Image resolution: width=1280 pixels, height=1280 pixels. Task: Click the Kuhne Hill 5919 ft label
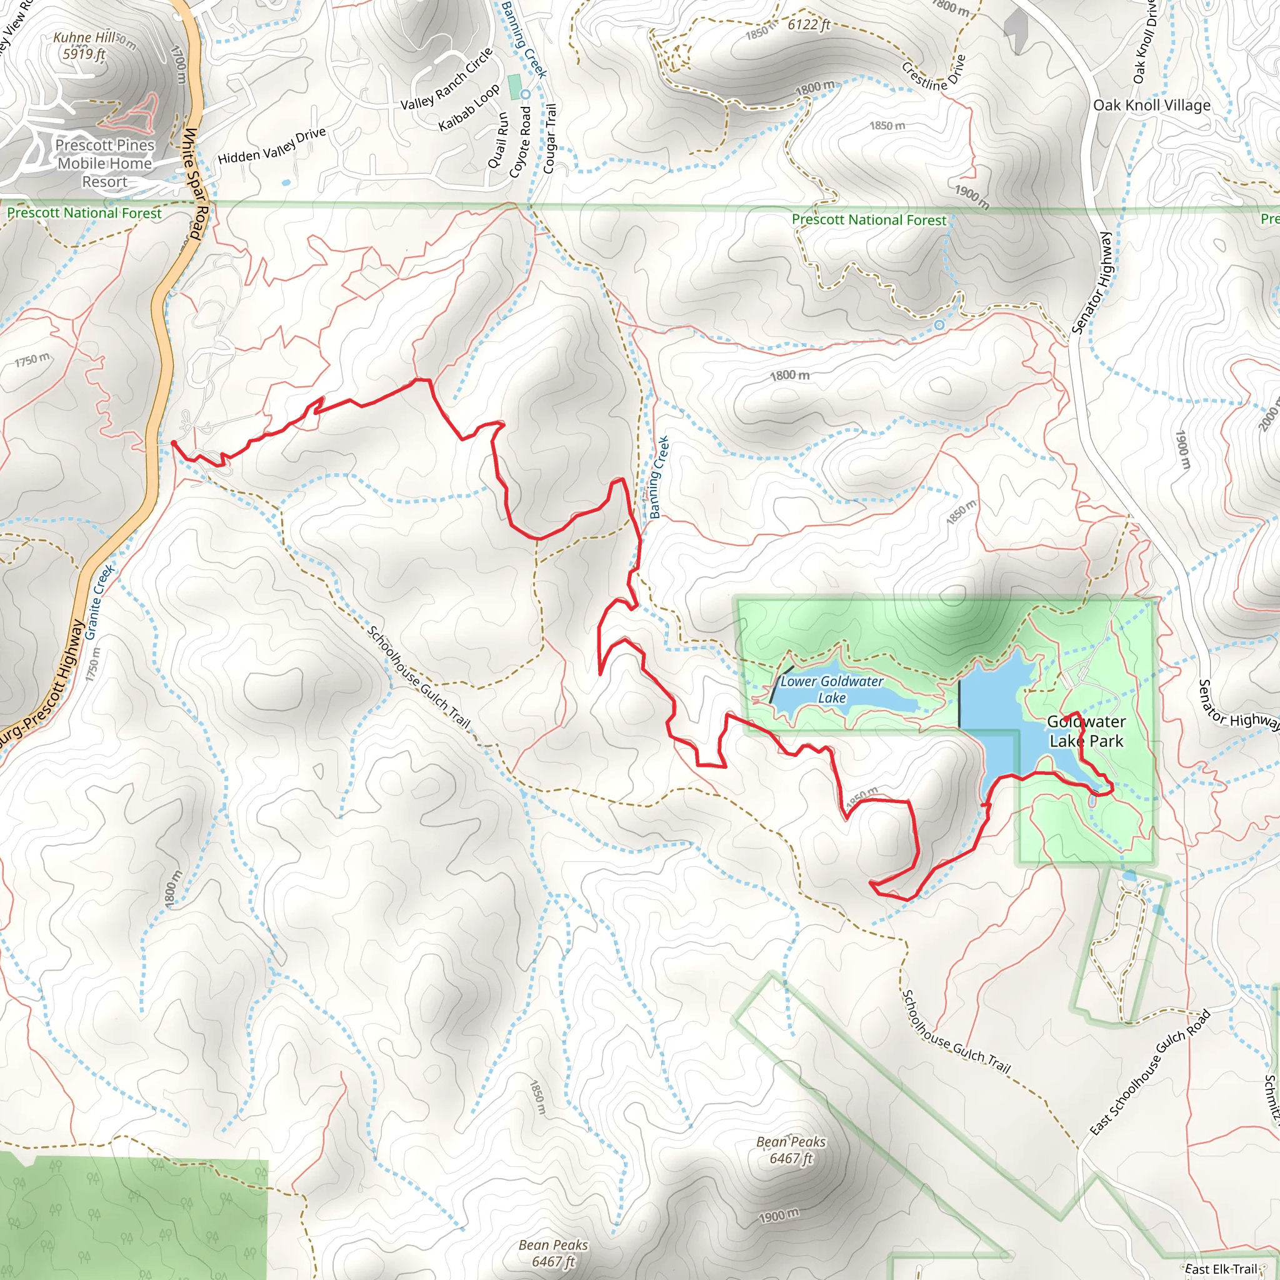pyautogui.click(x=84, y=46)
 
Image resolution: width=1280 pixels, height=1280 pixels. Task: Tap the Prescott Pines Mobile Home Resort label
pyautogui.click(x=104, y=163)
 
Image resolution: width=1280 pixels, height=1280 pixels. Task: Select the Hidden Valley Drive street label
pyautogui.click(x=272, y=146)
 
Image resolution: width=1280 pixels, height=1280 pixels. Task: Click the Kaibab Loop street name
pyautogui.click(x=469, y=108)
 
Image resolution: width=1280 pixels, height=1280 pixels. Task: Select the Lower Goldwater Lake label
pyautogui.click(x=831, y=689)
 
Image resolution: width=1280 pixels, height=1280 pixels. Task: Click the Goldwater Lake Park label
pyautogui.click(x=1086, y=731)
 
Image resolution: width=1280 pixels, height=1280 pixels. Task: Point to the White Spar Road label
pyautogui.click(x=195, y=183)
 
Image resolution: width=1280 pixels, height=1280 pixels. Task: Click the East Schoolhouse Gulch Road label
pyautogui.click(x=1150, y=1072)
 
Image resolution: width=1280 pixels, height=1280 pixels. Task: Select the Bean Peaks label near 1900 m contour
pyautogui.click(x=791, y=1149)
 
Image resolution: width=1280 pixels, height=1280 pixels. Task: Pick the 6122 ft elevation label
pyautogui.click(x=808, y=25)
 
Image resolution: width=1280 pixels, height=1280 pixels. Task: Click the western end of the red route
pyautogui.click(x=174, y=442)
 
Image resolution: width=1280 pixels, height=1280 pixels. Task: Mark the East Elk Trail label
pyautogui.click(x=1221, y=1269)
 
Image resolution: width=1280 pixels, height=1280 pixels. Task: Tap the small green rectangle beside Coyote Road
pyautogui.click(x=514, y=87)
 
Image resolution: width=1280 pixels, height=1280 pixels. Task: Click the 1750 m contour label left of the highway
pyautogui.click(x=32, y=361)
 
